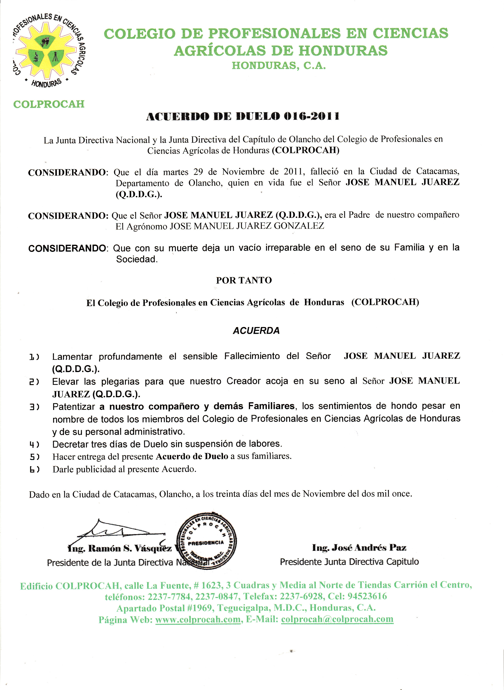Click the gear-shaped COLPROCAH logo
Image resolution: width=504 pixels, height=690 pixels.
[x=49, y=50]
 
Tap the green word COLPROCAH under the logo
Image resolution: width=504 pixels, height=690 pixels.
[x=49, y=104]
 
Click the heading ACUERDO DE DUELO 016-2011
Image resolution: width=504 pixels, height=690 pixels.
[x=243, y=116]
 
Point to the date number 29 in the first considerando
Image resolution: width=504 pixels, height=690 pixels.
[x=198, y=172]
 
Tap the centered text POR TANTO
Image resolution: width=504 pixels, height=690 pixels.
[x=244, y=280]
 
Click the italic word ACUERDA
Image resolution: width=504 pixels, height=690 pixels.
[x=256, y=331]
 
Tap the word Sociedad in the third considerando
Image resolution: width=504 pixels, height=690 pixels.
[x=136, y=259]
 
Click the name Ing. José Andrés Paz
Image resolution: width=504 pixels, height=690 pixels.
[x=359, y=548]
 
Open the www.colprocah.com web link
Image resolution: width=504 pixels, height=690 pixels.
[x=198, y=620]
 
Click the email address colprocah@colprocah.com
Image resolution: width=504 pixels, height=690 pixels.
[x=337, y=619]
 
